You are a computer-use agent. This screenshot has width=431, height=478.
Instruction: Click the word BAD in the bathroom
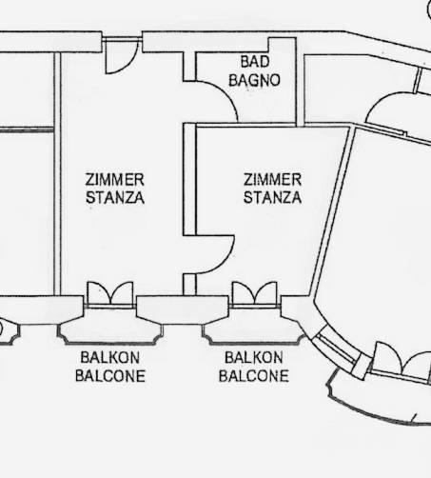tap(255, 62)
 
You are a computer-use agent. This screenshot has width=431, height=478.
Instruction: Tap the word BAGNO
tap(255, 80)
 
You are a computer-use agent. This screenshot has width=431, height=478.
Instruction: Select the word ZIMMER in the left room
tap(115, 180)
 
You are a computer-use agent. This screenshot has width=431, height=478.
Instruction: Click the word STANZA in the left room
tap(115, 197)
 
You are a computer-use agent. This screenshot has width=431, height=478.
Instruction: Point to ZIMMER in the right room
tap(272, 180)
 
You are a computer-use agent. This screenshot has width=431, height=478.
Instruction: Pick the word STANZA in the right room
tap(272, 197)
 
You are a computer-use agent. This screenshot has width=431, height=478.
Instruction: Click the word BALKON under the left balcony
tap(110, 358)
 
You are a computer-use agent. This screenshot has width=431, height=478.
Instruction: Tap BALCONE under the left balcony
tap(110, 376)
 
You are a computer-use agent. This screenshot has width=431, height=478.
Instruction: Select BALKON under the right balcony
tap(254, 358)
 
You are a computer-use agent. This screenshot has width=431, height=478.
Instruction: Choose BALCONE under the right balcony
tap(254, 376)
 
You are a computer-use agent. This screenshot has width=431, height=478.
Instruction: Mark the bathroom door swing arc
tap(227, 94)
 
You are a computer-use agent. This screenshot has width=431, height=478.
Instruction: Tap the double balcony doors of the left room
tap(110, 293)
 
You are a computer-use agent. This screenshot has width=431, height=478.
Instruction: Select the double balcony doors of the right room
tap(255, 293)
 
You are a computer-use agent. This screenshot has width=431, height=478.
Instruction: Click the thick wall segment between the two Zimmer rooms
tap(189, 179)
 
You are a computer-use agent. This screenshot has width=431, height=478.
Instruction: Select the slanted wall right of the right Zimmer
tap(332, 212)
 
